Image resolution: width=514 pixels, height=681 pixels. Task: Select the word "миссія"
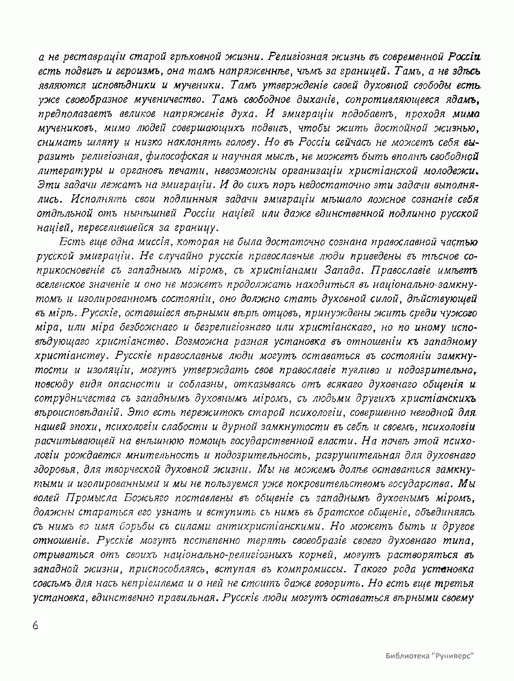point(149,243)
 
